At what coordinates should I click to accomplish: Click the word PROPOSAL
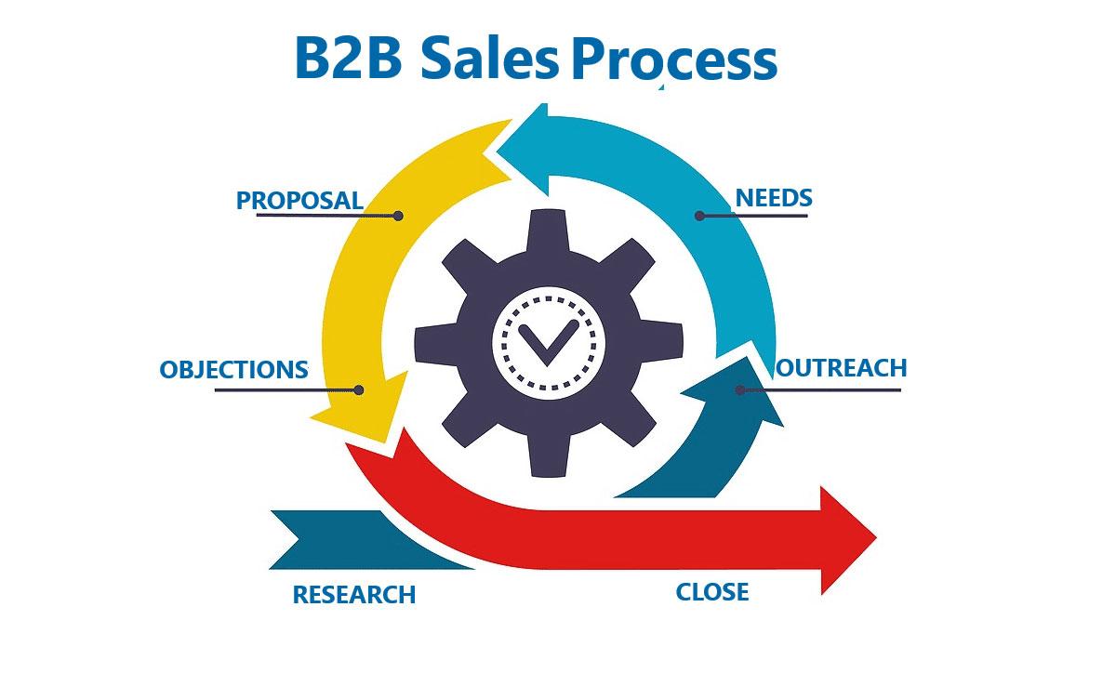coord(299,200)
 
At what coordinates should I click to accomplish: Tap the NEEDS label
coord(774,198)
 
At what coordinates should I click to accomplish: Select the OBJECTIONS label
coord(233,370)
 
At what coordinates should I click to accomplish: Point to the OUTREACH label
coord(842,368)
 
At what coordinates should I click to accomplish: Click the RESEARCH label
coord(354,595)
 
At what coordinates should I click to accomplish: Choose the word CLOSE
coord(711,592)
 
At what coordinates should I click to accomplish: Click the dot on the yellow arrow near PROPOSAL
coord(398,216)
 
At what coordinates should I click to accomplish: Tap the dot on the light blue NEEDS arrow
coord(699,216)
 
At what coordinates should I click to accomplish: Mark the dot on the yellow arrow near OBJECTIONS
coord(360,390)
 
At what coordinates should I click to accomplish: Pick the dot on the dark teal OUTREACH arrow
coord(740,390)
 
